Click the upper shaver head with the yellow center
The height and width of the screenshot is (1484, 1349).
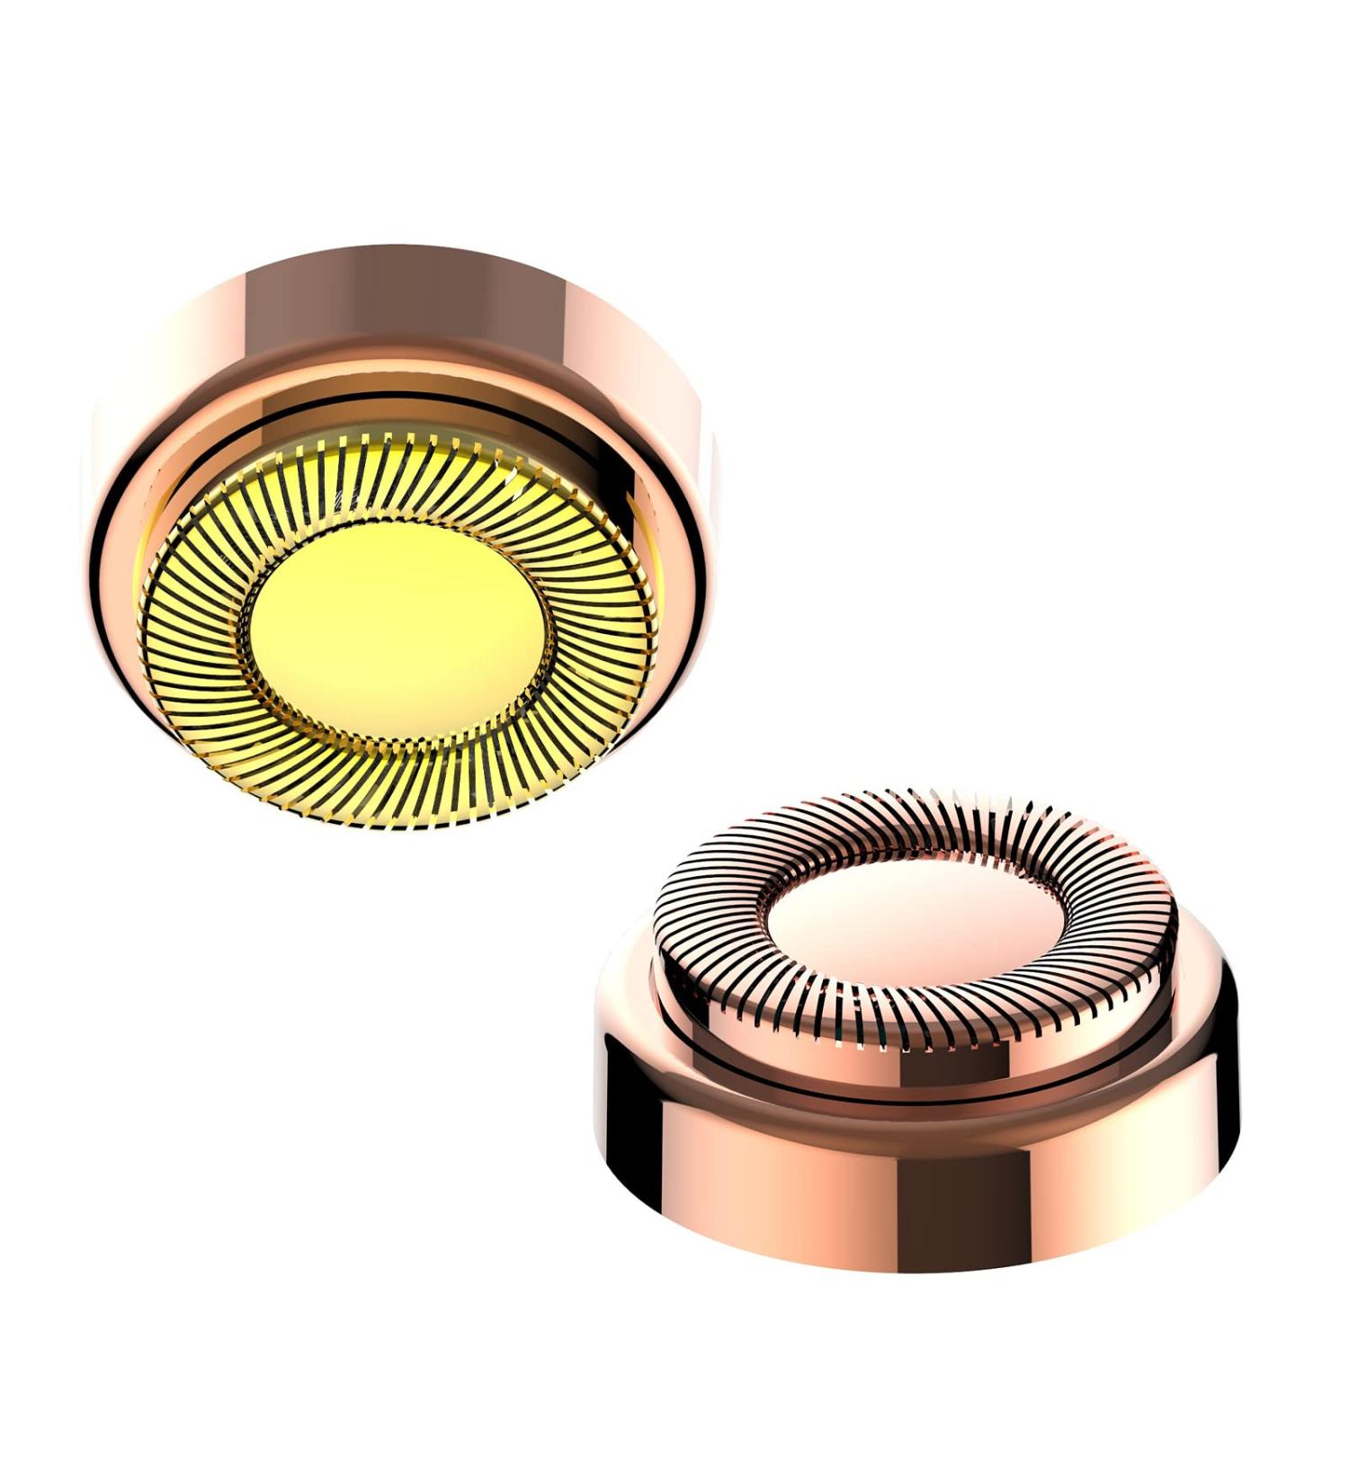point(396,540)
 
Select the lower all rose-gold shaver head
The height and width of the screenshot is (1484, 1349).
point(913,1034)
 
